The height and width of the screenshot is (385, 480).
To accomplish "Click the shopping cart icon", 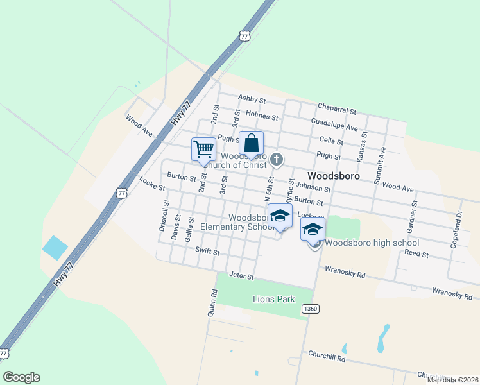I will pos(203,149).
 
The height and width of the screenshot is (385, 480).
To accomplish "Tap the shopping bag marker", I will pos(251,142).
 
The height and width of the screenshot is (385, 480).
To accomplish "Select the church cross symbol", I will pos(277,158).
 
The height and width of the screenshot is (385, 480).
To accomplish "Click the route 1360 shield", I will pos(310,309).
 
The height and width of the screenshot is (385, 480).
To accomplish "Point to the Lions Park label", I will pos(273,299).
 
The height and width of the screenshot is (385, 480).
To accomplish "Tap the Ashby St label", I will pos(252,99).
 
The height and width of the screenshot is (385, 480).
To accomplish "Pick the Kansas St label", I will pos(364,147).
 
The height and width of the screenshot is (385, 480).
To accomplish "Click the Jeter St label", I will pos(242,277).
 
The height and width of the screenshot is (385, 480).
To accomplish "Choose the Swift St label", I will pos(207,252).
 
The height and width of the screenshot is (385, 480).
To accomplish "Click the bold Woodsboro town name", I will pos(333,175).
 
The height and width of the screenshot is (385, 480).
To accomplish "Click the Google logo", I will pos(21,377).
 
